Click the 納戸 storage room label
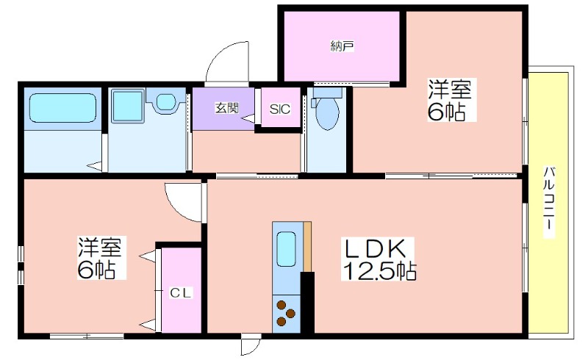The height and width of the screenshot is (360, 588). coord(343,46)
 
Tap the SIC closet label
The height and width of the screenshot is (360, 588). coord(280,109)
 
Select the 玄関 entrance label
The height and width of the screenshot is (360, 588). coord(227,108)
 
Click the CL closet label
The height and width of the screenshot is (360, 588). coord(181,292)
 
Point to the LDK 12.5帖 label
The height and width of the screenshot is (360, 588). coord(379,259)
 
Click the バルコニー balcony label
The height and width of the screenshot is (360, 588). coord(549,202)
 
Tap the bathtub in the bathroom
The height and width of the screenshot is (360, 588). coord(63,107)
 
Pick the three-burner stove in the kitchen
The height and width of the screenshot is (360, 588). coord(286,313)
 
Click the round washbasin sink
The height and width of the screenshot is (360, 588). coord(165,101)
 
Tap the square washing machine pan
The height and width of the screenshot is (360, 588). coord(127,105)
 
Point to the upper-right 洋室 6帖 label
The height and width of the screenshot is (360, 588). coord(450,100)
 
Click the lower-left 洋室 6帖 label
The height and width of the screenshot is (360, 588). coord(100,258)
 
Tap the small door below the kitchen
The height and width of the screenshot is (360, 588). coord(251,345)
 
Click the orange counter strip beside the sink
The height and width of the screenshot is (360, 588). coord(307,246)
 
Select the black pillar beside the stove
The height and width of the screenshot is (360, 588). coord(307,302)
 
